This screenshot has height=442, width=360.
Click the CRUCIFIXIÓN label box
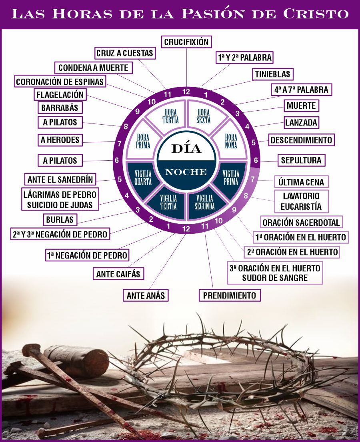(186, 42)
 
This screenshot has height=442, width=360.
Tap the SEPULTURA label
(301, 160)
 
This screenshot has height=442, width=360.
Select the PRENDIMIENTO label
(230, 295)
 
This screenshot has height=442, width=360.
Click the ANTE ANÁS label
(145, 295)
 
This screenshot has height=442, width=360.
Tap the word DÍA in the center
(186, 148)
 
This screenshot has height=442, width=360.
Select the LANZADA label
(301, 122)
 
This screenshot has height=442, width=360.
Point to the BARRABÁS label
(60, 108)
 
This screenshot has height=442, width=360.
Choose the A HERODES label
(60, 140)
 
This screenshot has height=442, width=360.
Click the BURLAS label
(60, 219)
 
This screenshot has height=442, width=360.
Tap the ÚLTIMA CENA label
(301, 182)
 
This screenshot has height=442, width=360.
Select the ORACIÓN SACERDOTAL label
(301, 222)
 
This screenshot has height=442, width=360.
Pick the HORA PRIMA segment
(143, 141)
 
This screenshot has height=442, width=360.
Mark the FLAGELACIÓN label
(60, 95)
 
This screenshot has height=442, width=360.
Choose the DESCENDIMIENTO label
(301, 140)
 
